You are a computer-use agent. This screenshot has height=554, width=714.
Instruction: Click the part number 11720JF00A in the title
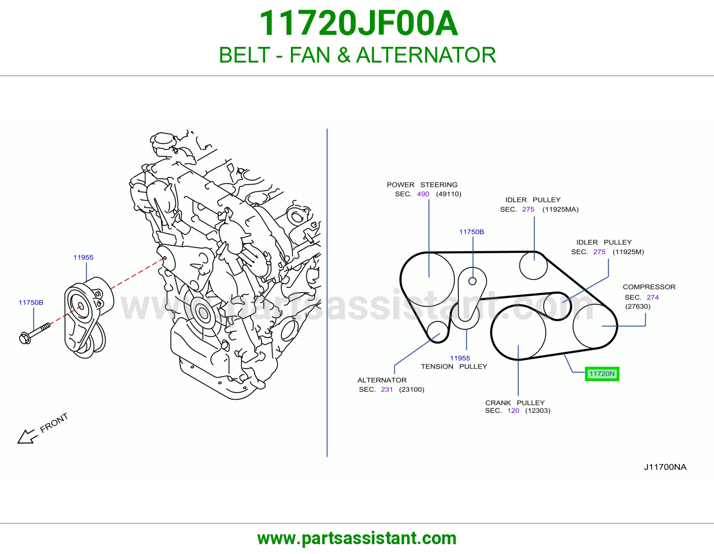tap(358, 23)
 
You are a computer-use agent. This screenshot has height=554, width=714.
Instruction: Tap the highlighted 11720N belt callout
tap(602, 374)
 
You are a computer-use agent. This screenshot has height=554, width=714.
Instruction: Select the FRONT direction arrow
tap(26, 436)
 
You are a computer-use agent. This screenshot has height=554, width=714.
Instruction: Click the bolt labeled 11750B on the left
tap(34, 333)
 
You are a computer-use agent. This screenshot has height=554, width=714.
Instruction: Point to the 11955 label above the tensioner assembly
tap(83, 257)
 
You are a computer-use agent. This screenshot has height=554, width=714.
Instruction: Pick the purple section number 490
tap(423, 194)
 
